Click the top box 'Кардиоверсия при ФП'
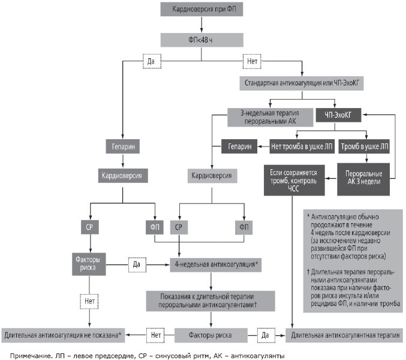click(x=202, y=10)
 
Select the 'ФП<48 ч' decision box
click(x=202, y=40)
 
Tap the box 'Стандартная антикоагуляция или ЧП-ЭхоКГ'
click(x=302, y=83)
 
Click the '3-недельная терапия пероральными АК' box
click(x=270, y=117)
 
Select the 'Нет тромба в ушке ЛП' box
click(x=302, y=146)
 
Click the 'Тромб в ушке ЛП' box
click(x=364, y=146)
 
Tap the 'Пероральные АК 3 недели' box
click(x=363, y=179)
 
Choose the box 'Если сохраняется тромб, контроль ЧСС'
click(x=294, y=180)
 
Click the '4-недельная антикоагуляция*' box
click(x=216, y=265)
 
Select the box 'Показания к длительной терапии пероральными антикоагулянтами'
click(x=210, y=301)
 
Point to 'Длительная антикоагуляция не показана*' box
click(x=63, y=335)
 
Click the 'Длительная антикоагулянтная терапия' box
click(x=345, y=335)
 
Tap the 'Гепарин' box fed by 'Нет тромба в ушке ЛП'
click(x=239, y=146)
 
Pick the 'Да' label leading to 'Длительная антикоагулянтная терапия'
click(x=266, y=335)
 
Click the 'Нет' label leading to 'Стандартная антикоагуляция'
click(x=252, y=61)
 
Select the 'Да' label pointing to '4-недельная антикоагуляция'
click(x=137, y=265)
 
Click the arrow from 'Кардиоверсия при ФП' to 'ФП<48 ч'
click(x=202, y=25)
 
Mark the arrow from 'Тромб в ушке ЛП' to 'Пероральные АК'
click(x=366, y=158)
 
